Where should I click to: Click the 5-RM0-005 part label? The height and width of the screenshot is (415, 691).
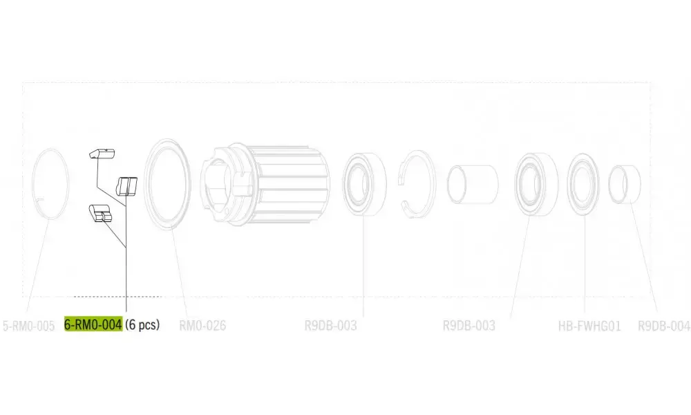[28, 326]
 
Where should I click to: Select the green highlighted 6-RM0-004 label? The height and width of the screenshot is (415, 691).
[93, 324]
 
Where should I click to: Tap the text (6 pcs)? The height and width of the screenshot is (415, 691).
[142, 325]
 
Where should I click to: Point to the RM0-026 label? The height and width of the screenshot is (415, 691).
[202, 326]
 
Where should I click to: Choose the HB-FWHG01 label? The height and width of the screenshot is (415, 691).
[589, 326]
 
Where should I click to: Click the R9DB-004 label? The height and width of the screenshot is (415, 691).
[663, 326]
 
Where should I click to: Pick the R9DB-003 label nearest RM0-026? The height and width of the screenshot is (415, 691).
[330, 326]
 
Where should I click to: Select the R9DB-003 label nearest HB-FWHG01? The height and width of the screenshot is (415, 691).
[469, 326]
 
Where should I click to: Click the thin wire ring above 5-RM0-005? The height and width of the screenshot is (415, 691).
[33, 184]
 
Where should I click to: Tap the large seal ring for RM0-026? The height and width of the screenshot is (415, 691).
[146, 184]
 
